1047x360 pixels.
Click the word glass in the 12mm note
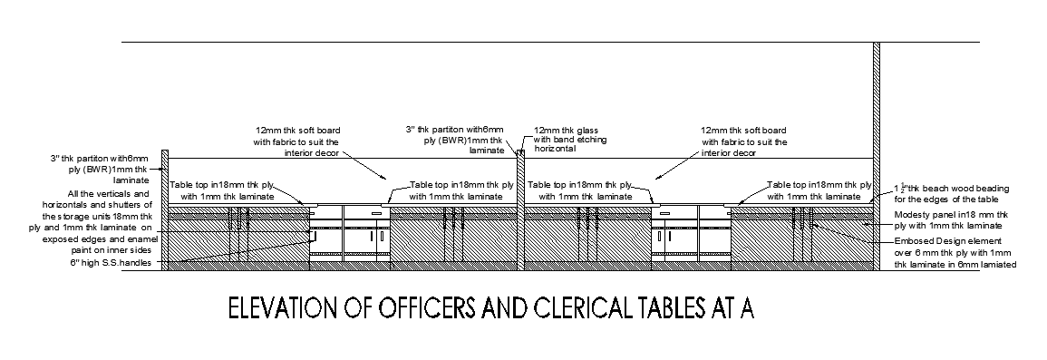coord(588,130)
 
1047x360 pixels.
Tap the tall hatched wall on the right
coord(877,154)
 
